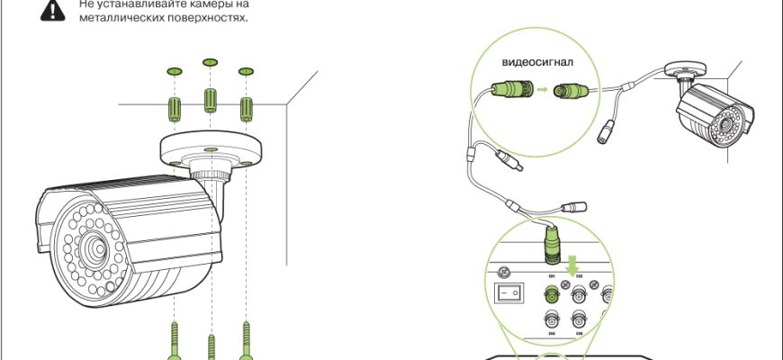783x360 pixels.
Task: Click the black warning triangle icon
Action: (56, 10)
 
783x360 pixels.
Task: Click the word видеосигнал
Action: (537, 64)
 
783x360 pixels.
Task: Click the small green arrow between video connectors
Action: (543, 90)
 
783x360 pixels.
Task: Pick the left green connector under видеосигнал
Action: (511, 89)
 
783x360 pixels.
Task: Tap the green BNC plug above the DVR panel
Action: (550, 243)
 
